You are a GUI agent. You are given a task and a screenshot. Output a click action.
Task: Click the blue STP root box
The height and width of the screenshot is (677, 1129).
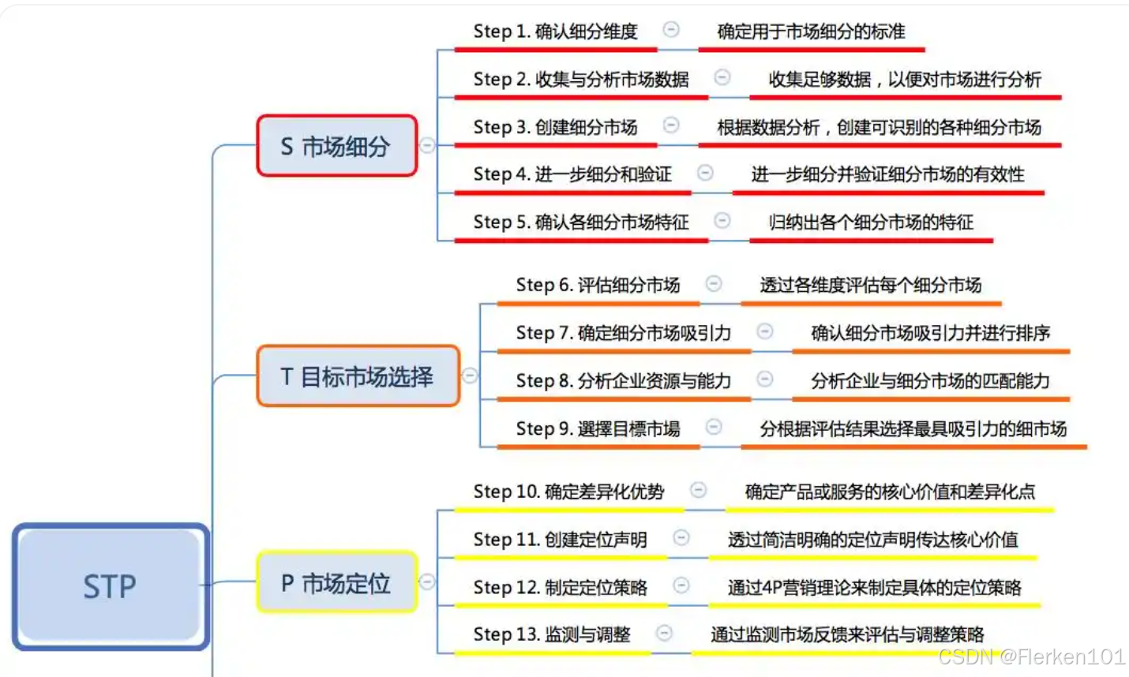[111, 586]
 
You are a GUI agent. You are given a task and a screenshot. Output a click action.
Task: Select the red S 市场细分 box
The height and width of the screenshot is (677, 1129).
[336, 146]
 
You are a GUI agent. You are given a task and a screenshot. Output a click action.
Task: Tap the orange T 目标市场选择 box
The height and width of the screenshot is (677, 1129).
[358, 376]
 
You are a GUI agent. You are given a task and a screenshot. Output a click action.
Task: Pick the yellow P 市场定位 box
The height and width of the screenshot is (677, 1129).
[336, 583]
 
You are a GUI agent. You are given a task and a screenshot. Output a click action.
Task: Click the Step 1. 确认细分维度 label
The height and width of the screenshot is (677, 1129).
[555, 32]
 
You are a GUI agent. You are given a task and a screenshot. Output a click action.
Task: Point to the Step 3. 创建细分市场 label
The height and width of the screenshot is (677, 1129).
[555, 127]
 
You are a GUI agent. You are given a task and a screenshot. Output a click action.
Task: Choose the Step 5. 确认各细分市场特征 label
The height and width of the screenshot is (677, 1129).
[580, 223]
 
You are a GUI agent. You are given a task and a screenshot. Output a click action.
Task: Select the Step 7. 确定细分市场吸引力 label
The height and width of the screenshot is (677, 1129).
[623, 333]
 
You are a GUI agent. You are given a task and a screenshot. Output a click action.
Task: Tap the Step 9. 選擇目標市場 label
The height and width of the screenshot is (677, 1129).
[598, 428]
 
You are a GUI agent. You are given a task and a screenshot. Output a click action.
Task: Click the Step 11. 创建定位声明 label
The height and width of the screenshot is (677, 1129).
[560, 540]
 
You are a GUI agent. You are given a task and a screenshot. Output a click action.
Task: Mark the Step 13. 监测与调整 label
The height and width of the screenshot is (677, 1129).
[551, 634]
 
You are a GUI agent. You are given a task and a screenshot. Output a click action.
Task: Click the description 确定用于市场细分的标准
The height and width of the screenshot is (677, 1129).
[811, 32]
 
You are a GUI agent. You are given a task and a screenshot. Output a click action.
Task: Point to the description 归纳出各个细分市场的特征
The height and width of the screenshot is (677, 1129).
[871, 223]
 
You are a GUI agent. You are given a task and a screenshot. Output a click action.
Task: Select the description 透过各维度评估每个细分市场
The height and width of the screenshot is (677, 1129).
[870, 285]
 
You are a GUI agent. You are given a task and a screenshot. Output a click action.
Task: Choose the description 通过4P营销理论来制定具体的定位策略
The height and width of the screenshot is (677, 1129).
[874, 587]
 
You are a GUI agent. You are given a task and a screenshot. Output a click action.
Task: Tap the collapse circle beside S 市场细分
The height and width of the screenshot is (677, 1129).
[427, 145]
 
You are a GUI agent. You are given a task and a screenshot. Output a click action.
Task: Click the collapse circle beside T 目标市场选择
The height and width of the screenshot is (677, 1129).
[470, 376]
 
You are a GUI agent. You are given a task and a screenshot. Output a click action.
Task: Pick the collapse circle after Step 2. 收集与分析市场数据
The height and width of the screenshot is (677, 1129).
[722, 77]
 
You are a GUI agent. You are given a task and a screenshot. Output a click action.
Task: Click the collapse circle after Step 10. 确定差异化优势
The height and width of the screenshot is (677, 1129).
[698, 490]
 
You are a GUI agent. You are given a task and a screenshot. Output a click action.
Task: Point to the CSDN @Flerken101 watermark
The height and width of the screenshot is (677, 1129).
[1031, 656]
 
